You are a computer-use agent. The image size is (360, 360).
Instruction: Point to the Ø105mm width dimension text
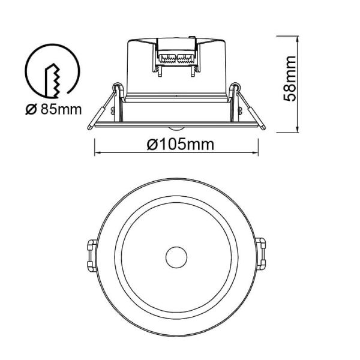click(176, 145)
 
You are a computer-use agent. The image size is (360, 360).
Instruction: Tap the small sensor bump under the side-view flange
click(176, 128)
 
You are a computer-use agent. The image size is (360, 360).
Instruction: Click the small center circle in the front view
click(176, 257)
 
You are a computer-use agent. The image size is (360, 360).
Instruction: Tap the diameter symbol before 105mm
click(151, 145)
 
